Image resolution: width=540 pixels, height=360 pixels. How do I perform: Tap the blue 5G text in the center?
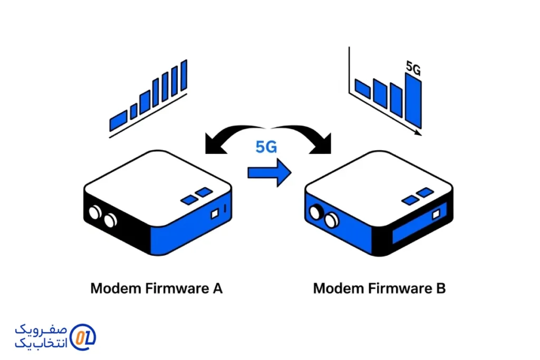click(266, 147)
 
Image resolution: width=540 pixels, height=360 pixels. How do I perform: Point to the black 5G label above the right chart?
click(413, 68)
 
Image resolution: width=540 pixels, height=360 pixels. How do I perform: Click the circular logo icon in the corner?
click(83, 336)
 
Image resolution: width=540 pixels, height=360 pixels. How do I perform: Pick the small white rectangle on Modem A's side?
click(215, 214)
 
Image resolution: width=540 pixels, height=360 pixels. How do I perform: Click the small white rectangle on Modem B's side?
click(436, 214)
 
